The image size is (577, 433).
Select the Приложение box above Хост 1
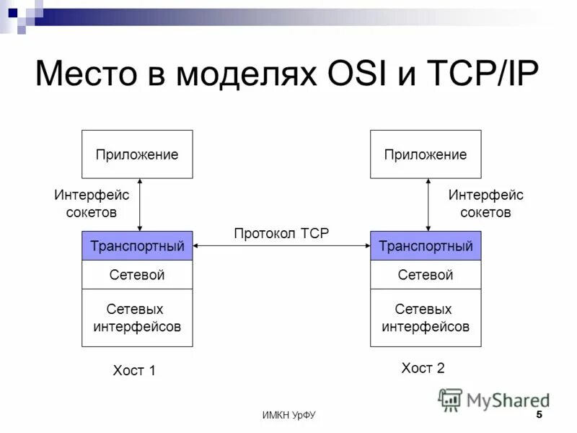[137, 154]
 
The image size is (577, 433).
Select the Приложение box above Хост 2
[426, 154]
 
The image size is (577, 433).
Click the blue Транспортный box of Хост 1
[137, 246]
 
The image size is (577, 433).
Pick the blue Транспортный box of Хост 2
[426, 246]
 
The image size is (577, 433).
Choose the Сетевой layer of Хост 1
[137, 275]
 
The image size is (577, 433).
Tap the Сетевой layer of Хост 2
[426, 275]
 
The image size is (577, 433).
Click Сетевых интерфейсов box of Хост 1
[137, 318]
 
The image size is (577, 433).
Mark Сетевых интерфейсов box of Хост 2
[426, 318]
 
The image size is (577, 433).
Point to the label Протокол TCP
[281, 232]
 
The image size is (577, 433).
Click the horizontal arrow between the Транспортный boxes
[281, 246]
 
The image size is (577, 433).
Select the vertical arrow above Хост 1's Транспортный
[139, 205]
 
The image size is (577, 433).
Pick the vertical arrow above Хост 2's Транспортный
[428, 205]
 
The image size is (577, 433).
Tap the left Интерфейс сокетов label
[92, 204]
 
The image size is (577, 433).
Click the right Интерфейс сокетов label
[486, 204]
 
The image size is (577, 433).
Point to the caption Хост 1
[134, 371]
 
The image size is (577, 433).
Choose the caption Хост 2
[423, 368]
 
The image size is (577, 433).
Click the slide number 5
[539, 414]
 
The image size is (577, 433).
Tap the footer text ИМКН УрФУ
[288, 415]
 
